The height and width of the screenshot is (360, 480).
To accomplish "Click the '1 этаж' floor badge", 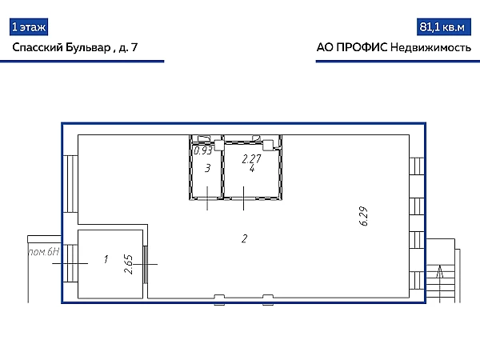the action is (29, 27).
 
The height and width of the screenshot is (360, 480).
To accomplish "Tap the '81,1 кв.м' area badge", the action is (443, 27).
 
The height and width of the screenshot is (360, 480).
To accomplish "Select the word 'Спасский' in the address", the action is (38, 47).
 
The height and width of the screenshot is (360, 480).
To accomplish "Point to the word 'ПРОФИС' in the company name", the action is (362, 47).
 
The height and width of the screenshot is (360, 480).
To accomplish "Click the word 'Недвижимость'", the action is (431, 48).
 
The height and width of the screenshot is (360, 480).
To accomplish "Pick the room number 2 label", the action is (244, 238).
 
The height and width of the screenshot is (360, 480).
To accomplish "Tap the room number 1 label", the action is (106, 259).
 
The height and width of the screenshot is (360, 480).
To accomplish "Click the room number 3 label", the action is (208, 168).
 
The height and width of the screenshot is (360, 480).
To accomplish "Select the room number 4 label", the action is (252, 168).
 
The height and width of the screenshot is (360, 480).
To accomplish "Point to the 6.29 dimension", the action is (363, 216).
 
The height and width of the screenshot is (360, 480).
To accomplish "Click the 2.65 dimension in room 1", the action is (129, 264).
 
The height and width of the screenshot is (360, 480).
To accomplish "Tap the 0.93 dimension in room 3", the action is (203, 150).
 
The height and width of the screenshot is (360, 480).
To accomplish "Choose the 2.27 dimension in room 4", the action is (251, 159).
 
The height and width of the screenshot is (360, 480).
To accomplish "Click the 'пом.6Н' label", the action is (44, 252).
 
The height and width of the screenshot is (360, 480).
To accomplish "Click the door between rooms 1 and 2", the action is (146, 264).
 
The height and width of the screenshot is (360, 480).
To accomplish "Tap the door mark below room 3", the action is (207, 198).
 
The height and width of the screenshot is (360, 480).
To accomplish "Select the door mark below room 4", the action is (243, 198).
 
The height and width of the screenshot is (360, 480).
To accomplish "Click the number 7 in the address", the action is (134, 47).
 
